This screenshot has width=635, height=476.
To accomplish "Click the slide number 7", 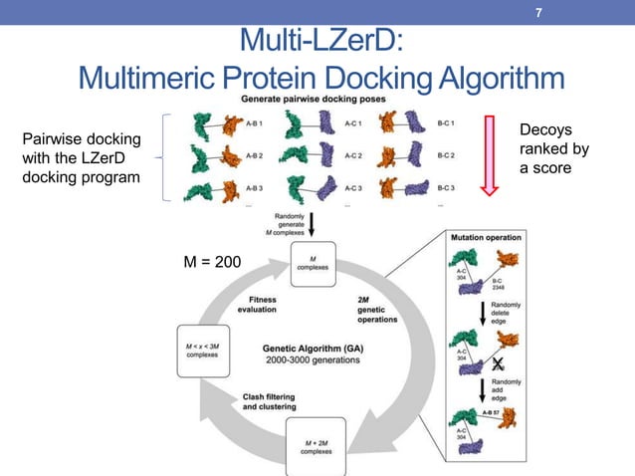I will [538, 14].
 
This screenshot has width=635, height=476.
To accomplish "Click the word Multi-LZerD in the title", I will [320, 42].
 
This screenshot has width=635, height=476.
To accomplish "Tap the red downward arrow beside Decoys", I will [490, 153].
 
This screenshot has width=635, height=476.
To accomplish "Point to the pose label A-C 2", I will [353, 155].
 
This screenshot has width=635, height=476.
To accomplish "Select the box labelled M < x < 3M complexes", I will [203, 350].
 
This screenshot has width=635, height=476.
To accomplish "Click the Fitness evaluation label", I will [257, 304].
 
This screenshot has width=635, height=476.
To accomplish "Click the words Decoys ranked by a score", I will [554, 148].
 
